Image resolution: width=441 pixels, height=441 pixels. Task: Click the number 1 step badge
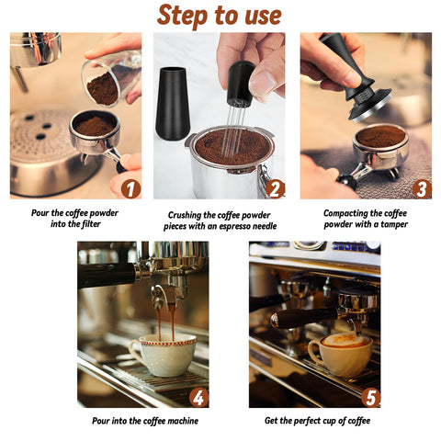pos(130,189)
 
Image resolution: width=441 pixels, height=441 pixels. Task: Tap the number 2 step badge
pos(275,189)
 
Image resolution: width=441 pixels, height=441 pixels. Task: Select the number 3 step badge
pos(422,189)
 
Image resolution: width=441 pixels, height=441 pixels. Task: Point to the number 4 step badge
pos(198,398)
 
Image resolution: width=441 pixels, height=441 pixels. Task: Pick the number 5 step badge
pos(370,398)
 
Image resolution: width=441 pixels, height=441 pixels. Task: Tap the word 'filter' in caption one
pos(89,224)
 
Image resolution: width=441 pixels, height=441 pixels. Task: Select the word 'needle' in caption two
pos(264,226)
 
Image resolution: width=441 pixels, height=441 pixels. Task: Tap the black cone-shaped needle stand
pos(173,103)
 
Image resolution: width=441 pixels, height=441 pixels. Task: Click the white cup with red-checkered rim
pos(164,355)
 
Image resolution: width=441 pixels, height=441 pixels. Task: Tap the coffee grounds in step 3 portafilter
pos(380,136)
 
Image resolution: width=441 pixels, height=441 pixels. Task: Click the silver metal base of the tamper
pos(371,107)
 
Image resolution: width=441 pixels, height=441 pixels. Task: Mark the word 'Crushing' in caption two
pos(184,215)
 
